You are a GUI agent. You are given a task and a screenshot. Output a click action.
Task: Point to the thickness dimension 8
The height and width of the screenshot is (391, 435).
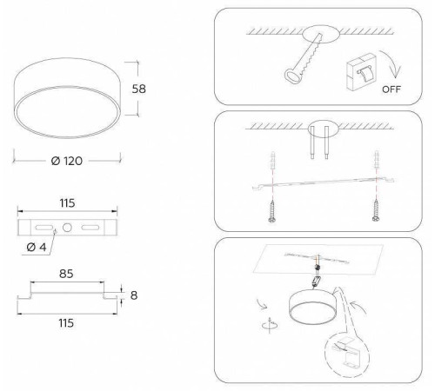pos(133,295)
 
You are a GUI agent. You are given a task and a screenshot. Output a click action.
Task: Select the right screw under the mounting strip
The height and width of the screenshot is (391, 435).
pos(377,209)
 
